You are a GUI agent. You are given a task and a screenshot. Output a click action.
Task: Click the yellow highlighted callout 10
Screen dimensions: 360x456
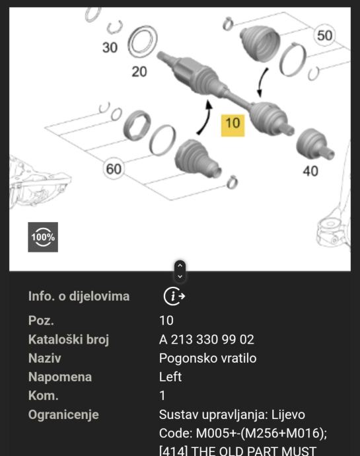coord(233,126)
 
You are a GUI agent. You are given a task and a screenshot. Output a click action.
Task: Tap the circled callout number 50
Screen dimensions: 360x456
coord(324,35)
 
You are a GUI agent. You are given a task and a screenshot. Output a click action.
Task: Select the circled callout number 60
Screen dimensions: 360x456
coord(114,169)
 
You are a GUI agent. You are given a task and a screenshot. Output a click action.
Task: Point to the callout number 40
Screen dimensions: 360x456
coord(310,171)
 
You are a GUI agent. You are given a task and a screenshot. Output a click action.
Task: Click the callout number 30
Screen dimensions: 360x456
coord(110,48)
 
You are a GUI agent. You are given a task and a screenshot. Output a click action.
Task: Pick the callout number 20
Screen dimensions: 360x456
coord(139,71)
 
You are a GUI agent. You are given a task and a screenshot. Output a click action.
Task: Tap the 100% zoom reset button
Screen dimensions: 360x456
coord(43,237)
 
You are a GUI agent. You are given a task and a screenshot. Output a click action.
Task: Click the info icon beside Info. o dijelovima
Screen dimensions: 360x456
coord(174,296)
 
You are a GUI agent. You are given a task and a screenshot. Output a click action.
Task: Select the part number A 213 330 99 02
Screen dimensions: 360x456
coord(207,340)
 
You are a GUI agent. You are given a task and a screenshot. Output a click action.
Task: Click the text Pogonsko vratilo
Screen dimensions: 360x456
coord(207,358)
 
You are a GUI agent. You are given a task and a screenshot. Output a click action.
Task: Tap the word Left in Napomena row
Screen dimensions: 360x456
coord(170,377)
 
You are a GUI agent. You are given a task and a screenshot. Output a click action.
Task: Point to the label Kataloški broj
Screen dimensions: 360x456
coord(69,340)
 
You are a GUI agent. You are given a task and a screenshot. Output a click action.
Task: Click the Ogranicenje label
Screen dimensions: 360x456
coord(63,415)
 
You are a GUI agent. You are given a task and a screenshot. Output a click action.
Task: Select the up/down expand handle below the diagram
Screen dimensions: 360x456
coord(180,271)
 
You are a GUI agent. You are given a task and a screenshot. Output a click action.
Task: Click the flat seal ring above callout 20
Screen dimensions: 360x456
coord(143,42)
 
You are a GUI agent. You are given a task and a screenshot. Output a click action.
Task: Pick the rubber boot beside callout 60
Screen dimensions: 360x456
coord(197,159)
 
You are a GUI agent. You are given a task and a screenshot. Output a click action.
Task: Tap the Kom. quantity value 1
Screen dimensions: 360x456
coord(162,396)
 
